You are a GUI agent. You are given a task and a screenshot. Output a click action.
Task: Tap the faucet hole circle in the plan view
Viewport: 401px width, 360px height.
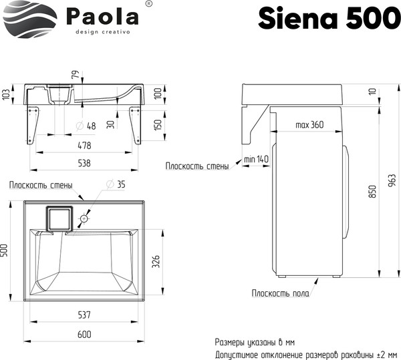85,218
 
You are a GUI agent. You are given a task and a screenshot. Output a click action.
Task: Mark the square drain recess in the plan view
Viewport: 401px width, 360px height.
57,218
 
